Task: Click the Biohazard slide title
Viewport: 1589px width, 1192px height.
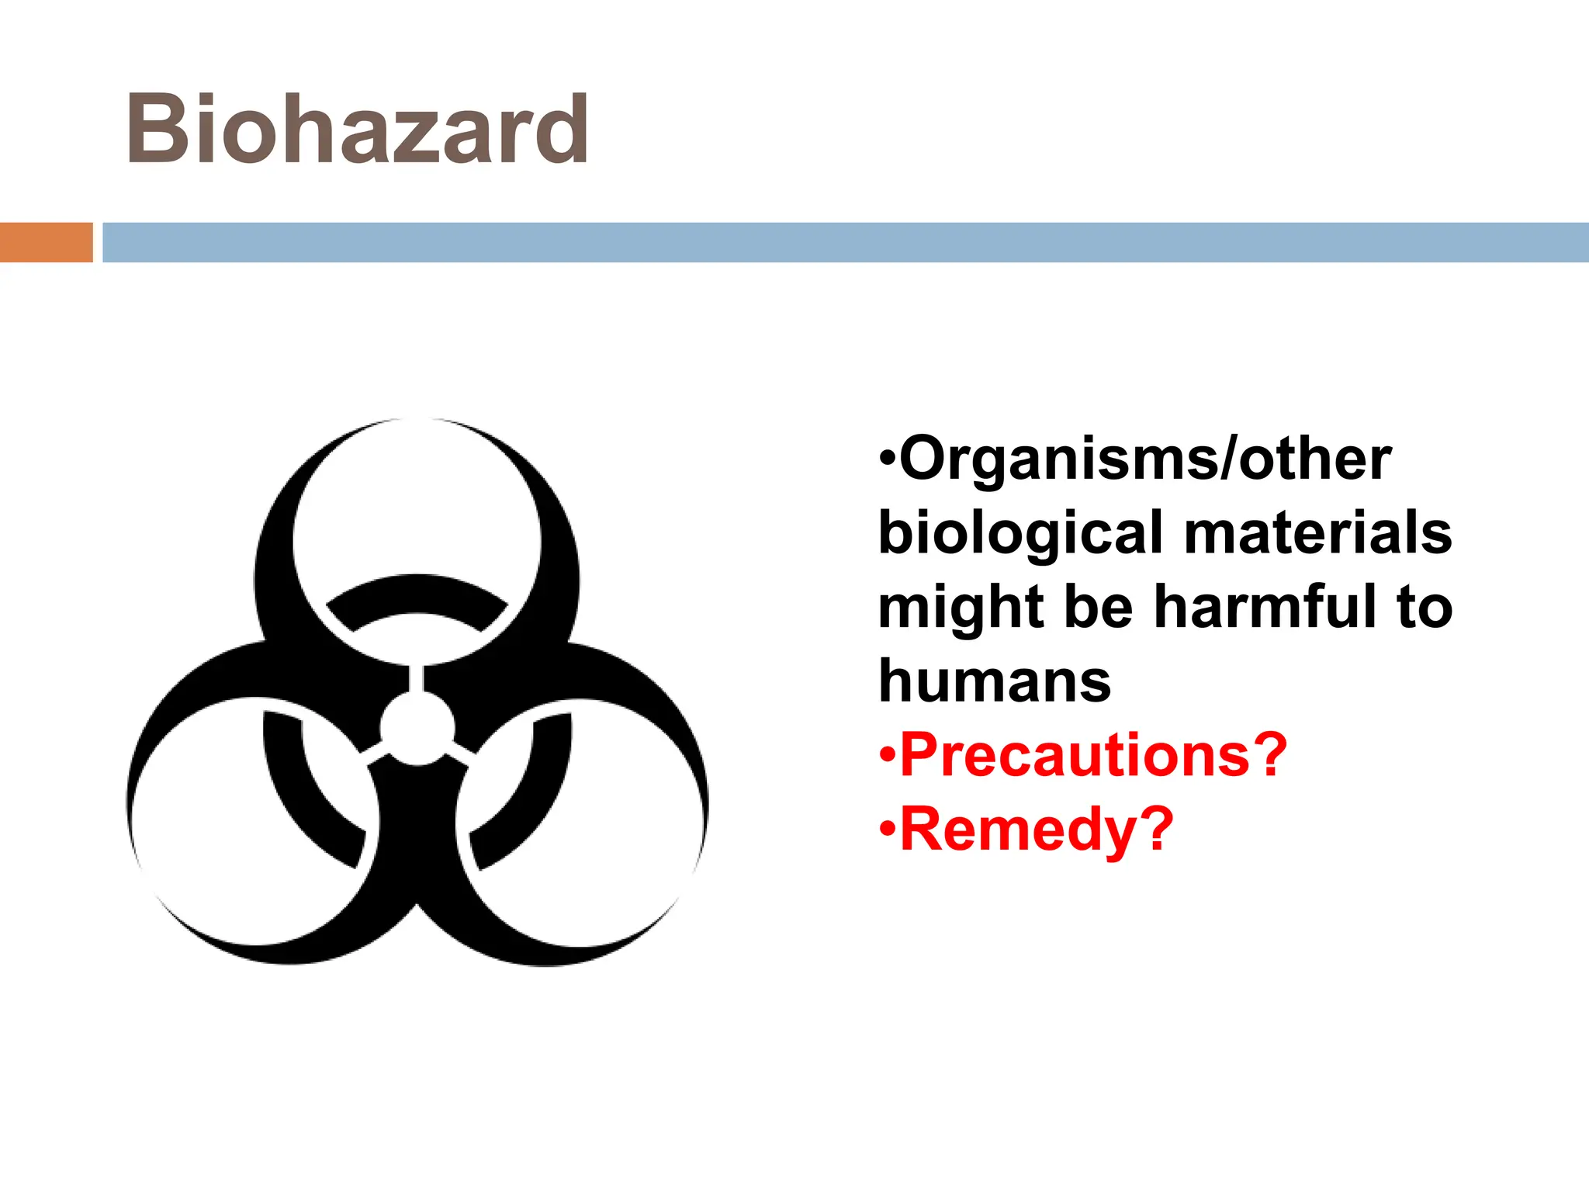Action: pos(357,130)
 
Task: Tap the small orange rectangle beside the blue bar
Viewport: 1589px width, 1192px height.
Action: pos(46,242)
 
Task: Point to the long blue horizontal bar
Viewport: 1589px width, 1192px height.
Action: pos(845,242)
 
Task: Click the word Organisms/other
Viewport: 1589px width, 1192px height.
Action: pos(1145,459)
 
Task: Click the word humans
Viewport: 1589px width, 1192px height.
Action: pos(995,681)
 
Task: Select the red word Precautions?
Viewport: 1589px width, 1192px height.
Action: pos(1092,754)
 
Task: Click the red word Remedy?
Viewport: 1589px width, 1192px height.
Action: pos(1036,829)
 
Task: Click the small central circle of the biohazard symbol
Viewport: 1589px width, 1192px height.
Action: pos(417,729)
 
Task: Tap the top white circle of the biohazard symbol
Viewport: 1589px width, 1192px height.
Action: pos(417,504)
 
